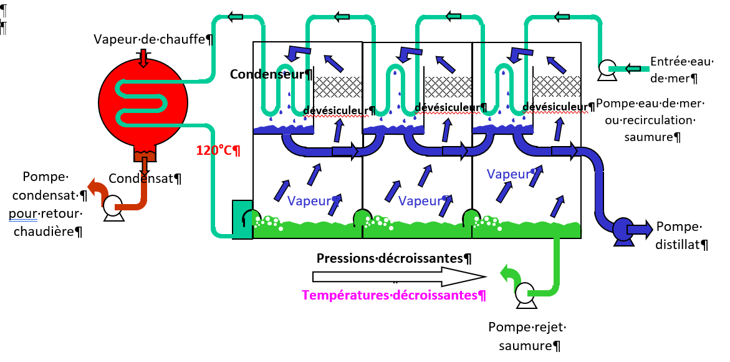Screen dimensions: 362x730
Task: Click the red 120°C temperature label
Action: (x=218, y=150)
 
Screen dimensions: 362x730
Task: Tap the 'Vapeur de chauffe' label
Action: (x=153, y=39)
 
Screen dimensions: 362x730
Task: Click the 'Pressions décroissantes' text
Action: (x=394, y=258)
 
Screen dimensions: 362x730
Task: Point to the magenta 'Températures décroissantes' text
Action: (x=394, y=295)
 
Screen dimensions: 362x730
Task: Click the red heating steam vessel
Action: (x=143, y=103)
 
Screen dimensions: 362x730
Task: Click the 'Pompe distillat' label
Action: (x=681, y=235)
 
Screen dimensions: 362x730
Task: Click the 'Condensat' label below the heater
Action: (x=145, y=179)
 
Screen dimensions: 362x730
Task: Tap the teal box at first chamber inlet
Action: (x=241, y=219)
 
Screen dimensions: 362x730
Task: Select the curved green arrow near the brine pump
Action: (x=508, y=275)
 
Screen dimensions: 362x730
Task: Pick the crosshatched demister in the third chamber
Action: (x=556, y=86)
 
